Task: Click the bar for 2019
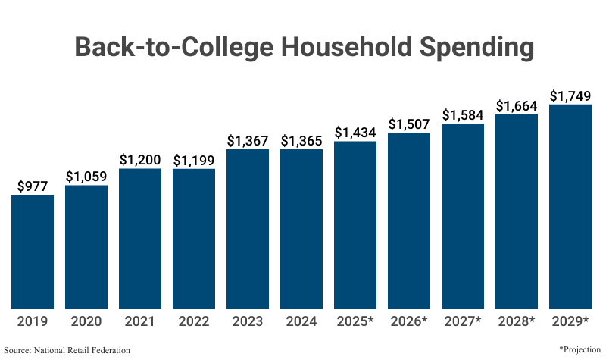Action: pos(33,252)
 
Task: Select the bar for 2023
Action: pos(248,229)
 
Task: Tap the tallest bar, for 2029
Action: pos(570,206)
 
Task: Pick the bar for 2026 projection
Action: pos(409,221)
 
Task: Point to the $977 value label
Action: pos(33,186)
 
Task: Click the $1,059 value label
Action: pos(86,177)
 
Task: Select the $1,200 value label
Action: pos(140,160)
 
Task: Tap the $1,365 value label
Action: pos(301,140)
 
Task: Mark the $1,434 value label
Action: pos(355,133)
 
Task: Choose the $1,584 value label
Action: pos(463,115)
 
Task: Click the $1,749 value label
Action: pos(570,96)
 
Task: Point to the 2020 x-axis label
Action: pos(86,321)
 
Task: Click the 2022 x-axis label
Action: pos(194,321)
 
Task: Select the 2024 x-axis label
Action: pos(301,321)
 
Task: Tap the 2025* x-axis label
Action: pos(355,321)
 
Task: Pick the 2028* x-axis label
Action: pos(517,321)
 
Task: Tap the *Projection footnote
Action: pos(579,349)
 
